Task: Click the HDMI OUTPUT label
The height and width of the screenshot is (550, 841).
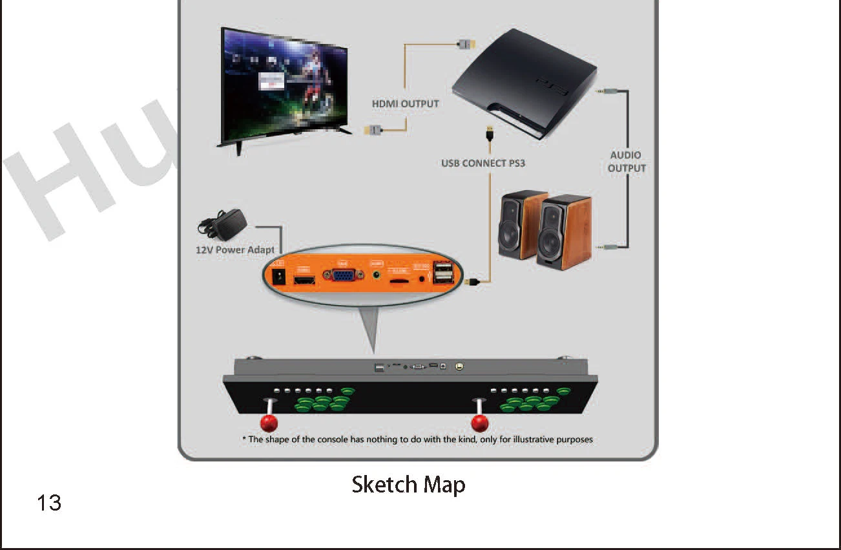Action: pos(405,103)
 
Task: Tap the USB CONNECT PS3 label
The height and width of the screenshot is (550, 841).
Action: pos(483,163)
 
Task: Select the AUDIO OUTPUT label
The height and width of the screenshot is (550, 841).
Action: pos(626,162)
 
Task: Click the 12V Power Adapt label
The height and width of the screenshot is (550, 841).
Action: pos(235,250)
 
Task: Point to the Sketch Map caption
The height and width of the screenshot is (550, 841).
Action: pos(408,485)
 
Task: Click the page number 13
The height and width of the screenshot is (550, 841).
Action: pos(49,503)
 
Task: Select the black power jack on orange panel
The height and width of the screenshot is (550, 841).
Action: pos(279,277)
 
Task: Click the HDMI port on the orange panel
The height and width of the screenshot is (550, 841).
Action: pos(304,280)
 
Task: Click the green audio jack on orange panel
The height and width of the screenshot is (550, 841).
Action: pos(377,276)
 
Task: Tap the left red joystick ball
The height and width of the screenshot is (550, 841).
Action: pos(269,423)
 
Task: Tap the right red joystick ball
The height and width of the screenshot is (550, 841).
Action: pos(480,423)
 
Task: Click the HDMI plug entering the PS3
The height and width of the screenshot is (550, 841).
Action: pos(465,44)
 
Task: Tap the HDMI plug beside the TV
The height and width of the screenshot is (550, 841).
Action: pos(374,130)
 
